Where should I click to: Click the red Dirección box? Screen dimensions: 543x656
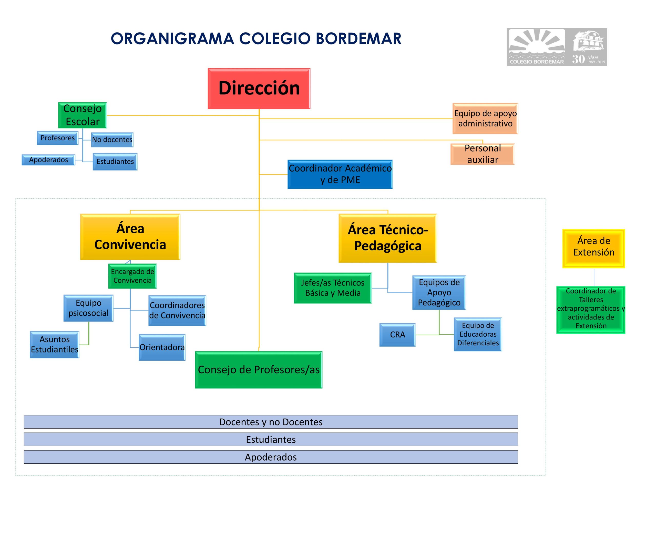point(259,88)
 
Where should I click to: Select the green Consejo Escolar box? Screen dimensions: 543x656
point(83,115)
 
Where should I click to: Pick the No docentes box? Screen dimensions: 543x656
point(112,140)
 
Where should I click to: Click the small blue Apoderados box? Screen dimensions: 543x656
point(48,160)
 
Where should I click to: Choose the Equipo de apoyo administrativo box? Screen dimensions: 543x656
point(485,118)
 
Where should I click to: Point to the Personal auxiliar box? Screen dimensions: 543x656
point(482,154)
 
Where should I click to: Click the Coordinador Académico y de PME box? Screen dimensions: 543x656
point(340,174)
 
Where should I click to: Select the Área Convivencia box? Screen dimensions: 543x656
point(130,237)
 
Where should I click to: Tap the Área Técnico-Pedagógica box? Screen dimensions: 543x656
point(387,238)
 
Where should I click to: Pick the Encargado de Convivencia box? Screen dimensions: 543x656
point(132,276)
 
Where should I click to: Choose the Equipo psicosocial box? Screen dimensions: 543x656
point(88,308)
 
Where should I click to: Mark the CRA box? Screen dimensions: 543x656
point(397,335)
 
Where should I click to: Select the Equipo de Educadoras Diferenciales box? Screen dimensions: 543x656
point(478,334)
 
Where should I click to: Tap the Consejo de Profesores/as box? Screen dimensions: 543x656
point(259,369)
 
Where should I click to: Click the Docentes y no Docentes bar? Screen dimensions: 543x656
point(271,422)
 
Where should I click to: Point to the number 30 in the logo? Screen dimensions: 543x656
point(578,59)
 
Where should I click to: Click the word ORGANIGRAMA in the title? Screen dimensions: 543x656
point(172,39)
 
